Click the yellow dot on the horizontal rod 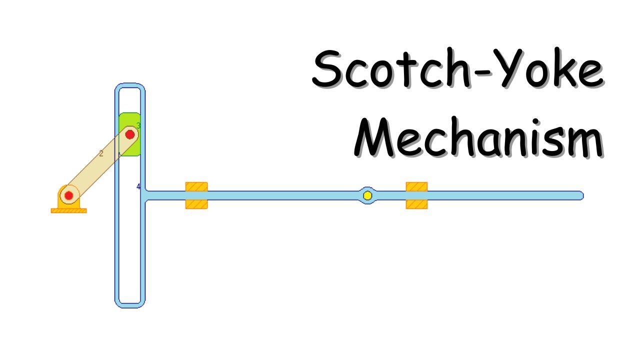click(367, 195)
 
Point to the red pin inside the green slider click(130, 134)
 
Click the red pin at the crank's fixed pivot click(69, 195)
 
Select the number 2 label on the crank click(101, 154)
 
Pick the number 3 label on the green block click(138, 125)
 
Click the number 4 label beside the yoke click(138, 187)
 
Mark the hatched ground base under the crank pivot click(68, 210)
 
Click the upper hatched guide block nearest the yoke click(196, 186)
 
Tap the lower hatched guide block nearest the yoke click(196, 204)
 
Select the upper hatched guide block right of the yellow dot click(416, 186)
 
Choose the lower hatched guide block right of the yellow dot click(416, 204)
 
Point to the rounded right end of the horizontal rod click(580, 195)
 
